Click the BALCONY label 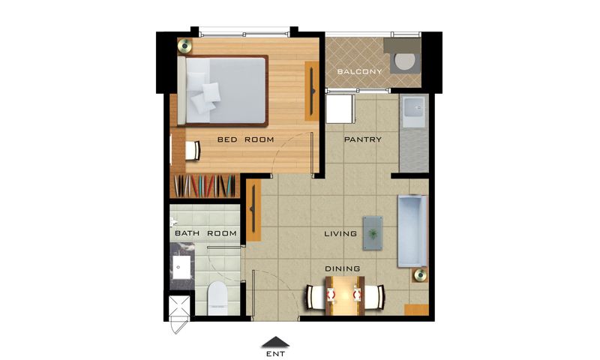[359, 71]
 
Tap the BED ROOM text [246, 139]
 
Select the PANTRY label [363, 139]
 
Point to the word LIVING [340, 233]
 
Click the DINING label [343, 269]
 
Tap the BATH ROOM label [205, 233]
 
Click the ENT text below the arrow [275, 354]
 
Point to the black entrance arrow [275, 342]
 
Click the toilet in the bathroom [217, 298]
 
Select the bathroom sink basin [181, 268]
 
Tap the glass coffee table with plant [373, 233]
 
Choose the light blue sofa [412, 231]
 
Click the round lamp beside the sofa [420, 274]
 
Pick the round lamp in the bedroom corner [184, 46]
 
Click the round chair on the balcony [404, 61]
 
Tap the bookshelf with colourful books [205, 185]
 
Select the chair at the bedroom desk [193, 151]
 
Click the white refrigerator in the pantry [340, 109]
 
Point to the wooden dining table [344, 295]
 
